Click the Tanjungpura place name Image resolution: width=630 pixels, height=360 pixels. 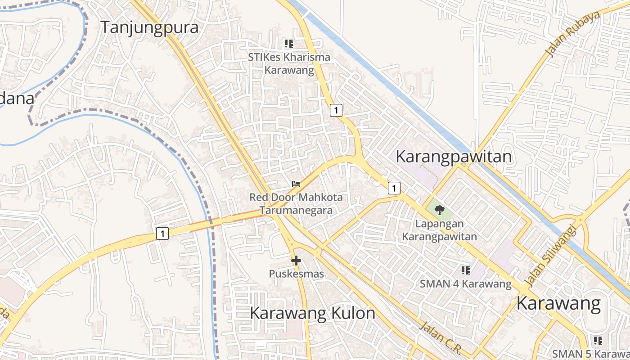pos(149,27)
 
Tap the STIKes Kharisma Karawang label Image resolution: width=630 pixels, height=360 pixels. pos(289,63)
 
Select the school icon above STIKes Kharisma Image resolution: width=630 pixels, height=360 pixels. pos(289,44)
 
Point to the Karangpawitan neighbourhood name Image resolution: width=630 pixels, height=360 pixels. pos(454,157)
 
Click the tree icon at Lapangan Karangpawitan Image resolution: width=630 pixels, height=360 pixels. pos(440,210)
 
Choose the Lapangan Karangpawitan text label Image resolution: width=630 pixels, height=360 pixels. pos(439,230)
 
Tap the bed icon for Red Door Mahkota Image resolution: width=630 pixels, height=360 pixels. pos(296,184)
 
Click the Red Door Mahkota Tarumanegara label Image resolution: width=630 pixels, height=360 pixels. pos(296,203)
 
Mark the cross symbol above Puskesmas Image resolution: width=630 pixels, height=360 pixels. pos(296,260)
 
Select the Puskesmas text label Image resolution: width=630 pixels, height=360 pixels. pos(296,273)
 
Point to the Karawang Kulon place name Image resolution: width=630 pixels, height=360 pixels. pos(312,313)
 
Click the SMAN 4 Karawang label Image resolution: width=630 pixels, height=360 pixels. pos(466,284)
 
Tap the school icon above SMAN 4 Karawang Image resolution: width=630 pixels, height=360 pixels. pos(466,270)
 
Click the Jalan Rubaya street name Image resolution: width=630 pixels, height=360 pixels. pos(572,35)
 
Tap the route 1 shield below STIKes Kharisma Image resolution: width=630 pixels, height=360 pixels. pos(336,110)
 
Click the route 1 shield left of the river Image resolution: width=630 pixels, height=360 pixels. pos(162,234)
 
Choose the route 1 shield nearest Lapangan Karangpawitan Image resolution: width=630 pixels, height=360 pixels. pos(394,188)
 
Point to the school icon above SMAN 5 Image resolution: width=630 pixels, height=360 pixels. pos(598,340)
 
